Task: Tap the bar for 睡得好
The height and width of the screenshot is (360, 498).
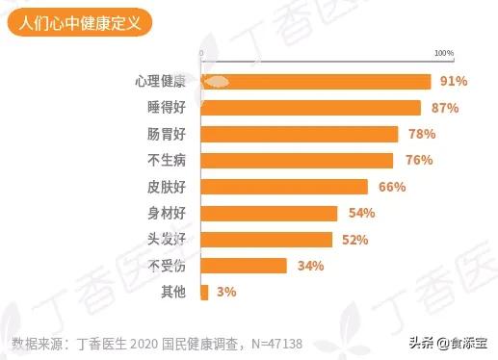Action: pos(310,108)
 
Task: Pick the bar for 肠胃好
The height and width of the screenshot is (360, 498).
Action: pos(299,134)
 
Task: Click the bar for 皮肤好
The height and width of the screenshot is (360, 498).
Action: pos(284,187)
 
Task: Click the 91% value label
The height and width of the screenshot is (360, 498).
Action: pos(453,82)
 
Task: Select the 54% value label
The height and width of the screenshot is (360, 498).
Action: pos(360,213)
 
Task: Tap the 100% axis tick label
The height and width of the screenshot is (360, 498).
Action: pos(443,52)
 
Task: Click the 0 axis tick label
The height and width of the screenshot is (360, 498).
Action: pos(200,52)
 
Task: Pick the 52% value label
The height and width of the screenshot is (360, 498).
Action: pos(355,239)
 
